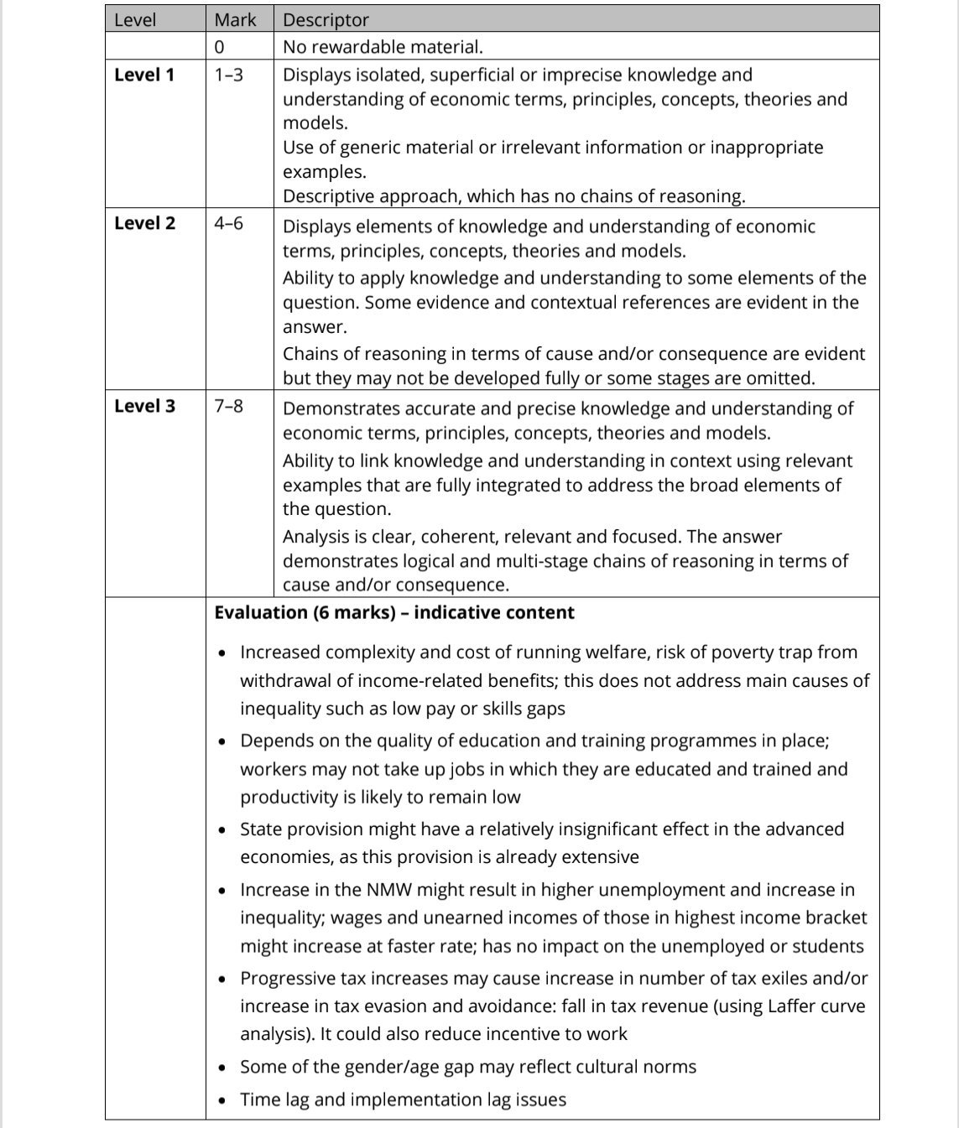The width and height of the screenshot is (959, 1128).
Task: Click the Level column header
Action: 135,19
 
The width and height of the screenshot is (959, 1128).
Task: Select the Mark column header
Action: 235,19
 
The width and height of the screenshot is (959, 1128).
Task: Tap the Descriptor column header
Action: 326,19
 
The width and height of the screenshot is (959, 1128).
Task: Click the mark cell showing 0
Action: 219,47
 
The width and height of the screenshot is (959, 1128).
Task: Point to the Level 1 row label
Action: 144,75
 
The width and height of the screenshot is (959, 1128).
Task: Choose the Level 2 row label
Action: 144,223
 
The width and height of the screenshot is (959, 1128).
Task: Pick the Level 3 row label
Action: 144,406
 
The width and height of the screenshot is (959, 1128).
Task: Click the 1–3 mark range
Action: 228,75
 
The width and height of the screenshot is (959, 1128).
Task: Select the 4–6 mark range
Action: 228,223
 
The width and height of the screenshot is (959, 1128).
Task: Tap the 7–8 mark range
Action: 228,406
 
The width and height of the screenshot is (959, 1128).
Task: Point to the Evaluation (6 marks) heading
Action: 394,612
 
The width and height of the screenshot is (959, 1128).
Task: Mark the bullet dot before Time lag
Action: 222,1100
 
